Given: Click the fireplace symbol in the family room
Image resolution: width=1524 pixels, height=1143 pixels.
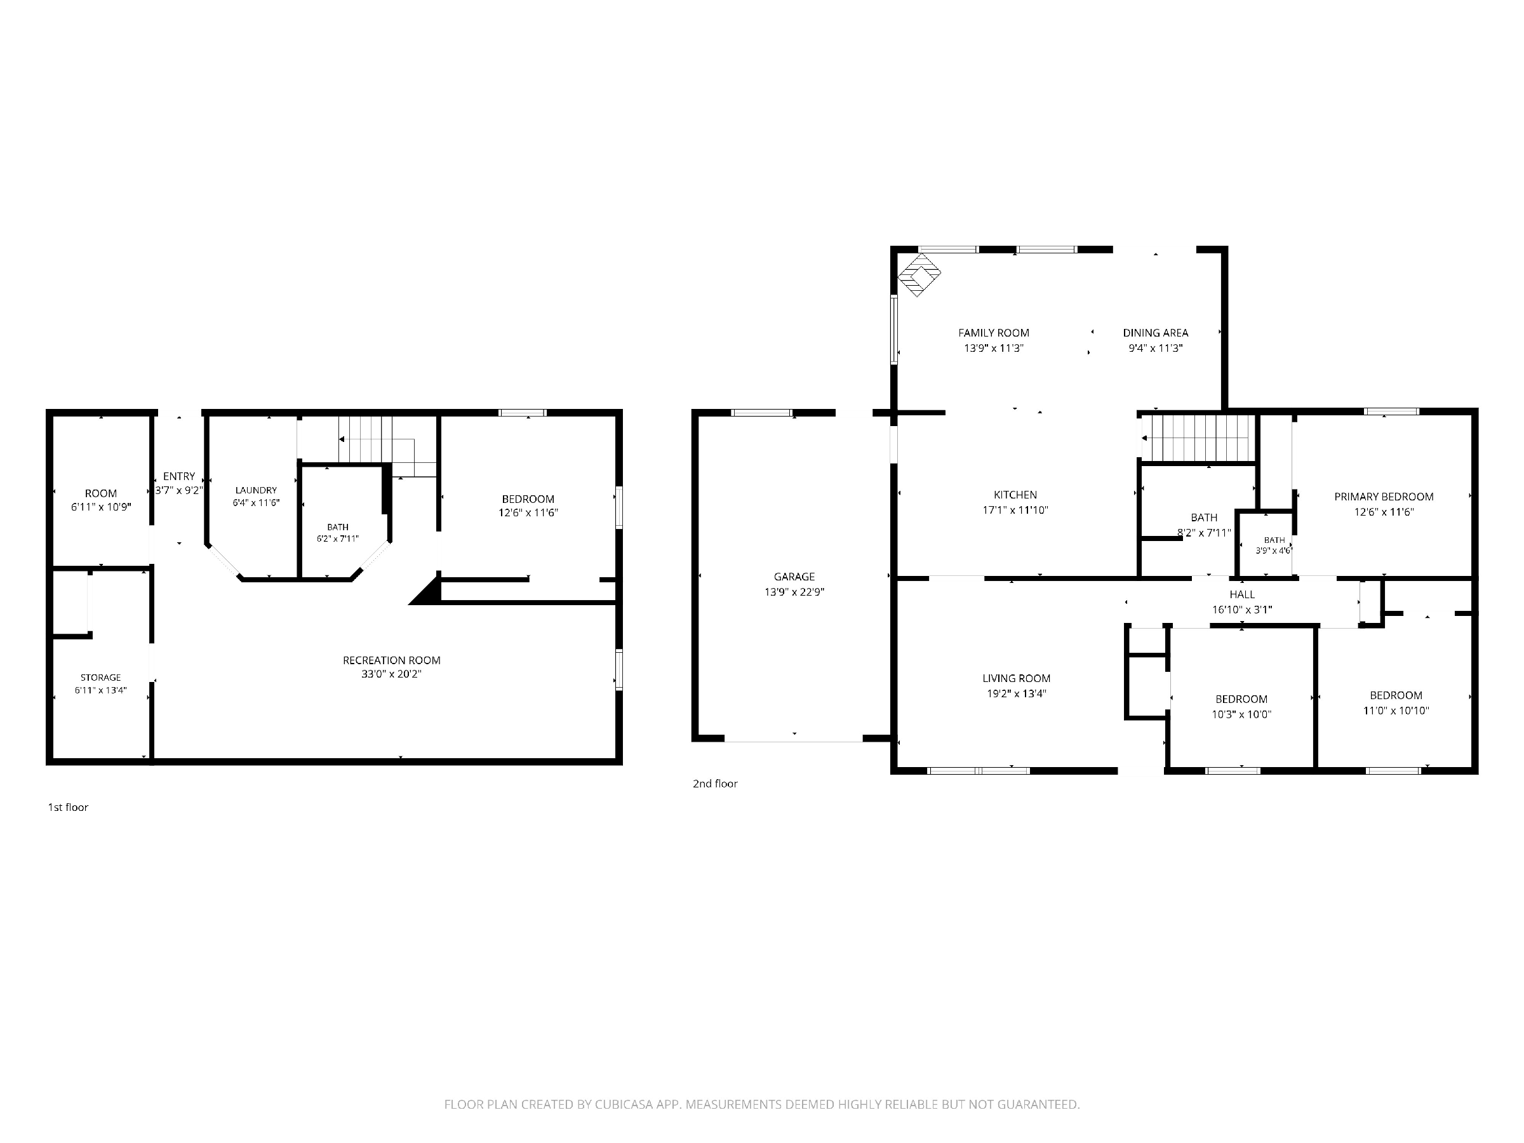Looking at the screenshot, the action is tap(918, 275).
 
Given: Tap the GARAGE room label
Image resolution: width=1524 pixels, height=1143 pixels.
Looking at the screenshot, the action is tap(794, 577).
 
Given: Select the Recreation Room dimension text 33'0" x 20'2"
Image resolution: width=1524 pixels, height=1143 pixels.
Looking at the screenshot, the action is tap(391, 674).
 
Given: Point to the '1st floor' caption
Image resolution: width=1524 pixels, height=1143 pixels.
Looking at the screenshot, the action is tap(67, 807).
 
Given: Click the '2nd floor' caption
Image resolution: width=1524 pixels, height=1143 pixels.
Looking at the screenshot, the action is tap(715, 784).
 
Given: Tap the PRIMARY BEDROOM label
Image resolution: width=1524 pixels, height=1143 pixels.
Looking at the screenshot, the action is tap(1384, 497).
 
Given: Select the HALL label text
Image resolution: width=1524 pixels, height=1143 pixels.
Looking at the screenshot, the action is tap(1242, 594).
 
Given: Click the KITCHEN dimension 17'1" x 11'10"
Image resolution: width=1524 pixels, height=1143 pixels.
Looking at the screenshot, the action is tap(1015, 510).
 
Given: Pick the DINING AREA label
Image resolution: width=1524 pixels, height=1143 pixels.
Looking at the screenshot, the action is tap(1156, 333).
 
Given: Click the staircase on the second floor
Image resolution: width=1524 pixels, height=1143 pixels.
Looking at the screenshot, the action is tap(1198, 438).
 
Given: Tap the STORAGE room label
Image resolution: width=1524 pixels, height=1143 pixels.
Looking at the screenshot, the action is tap(100, 678).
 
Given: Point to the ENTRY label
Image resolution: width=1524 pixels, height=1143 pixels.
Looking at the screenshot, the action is tap(179, 476).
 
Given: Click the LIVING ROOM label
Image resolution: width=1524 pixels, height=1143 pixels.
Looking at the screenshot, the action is tap(1016, 679).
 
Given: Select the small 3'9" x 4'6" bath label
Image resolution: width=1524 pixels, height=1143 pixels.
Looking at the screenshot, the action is tap(1274, 551).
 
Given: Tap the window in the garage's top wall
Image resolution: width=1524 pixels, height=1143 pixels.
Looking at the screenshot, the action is tap(761, 413).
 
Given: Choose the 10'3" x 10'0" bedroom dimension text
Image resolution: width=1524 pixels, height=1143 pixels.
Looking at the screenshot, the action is tap(1241, 714).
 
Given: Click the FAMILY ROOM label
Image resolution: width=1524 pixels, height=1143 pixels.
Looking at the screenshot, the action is tap(994, 333).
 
